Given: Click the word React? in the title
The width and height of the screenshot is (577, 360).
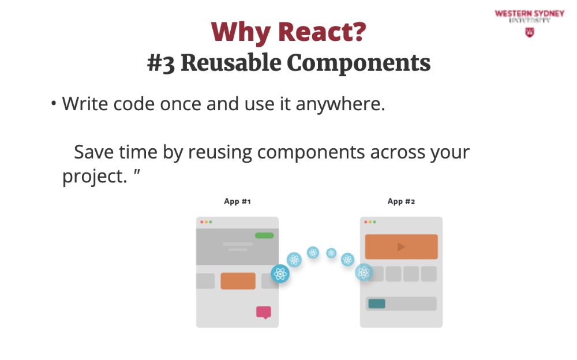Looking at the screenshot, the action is click(322, 32).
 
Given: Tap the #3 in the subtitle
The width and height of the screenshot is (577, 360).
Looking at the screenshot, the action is click(161, 63).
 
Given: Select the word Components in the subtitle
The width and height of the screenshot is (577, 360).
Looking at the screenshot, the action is click(358, 63).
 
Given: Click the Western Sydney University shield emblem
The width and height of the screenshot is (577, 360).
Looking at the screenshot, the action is click(530, 32).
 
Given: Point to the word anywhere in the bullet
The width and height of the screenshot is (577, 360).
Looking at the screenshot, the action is click(340, 104).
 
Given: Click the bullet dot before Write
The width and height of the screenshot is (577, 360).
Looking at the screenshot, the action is click(54, 103).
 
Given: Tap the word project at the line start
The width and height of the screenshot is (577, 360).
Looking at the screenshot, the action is click(95, 177).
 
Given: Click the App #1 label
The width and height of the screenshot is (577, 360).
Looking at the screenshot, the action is click(237, 201).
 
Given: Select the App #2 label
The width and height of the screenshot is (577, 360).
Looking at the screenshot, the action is click(401, 201).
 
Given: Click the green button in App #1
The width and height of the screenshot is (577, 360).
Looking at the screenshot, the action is click(264, 235).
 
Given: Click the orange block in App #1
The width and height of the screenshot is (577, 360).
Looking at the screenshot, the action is click(238, 281).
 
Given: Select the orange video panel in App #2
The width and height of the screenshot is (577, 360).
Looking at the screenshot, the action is click(402, 246).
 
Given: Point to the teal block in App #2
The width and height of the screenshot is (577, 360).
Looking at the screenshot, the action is click(377, 303).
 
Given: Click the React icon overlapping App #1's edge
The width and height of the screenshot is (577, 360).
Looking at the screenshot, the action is click(280, 274).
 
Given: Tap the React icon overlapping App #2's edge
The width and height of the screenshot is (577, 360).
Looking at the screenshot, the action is click(364, 273).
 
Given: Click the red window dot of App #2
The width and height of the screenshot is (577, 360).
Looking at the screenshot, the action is click(365, 222).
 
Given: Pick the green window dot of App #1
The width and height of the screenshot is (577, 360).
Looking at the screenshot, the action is click(211, 222).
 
